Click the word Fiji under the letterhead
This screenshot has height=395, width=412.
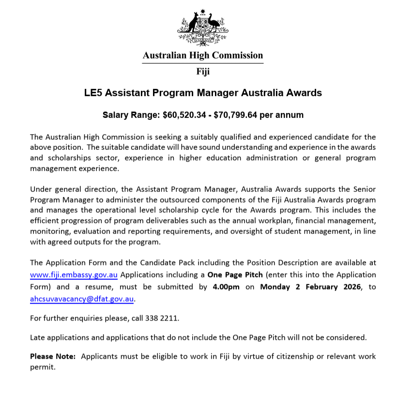[x=203, y=72]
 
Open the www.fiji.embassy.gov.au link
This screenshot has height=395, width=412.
[x=74, y=275]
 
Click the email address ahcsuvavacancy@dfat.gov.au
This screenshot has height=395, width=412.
[x=81, y=299]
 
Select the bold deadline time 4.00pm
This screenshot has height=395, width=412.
[x=226, y=287]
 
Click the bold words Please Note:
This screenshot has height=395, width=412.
[x=53, y=356]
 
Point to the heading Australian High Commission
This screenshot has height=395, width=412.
[x=203, y=56]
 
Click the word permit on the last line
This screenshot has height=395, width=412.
[x=42, y=367]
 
